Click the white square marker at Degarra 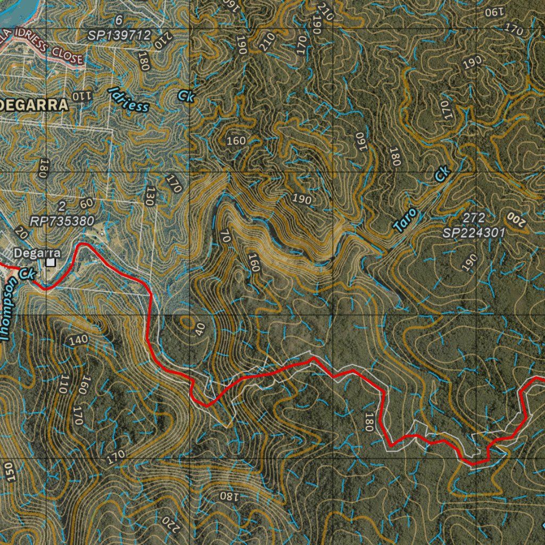51,262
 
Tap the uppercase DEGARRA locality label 35,105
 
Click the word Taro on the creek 405,220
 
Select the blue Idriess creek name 128,99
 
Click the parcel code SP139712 120,35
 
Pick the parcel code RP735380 62,220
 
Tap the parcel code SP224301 474,232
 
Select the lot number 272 473,218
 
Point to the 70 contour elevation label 225,236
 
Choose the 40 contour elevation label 200,329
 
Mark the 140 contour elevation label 78,340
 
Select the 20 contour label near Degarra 21,232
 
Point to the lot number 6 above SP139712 119,20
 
